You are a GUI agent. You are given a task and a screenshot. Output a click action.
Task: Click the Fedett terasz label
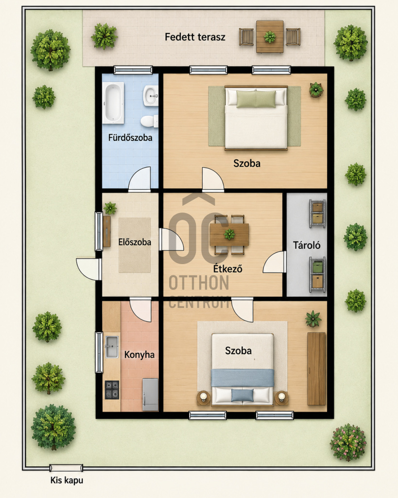pyautogui.click(x=195, y=37)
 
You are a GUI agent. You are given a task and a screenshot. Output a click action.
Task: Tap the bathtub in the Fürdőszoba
pyautogui.click(x=113, y=103)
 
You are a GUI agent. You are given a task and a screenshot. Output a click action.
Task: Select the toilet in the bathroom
pyautogui.click(x=149, y=121)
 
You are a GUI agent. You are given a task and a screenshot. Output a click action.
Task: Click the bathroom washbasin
pyautogui.click(x=151, y=95)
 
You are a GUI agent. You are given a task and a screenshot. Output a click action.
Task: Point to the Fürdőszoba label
pyautogui.click(x=130, y=138)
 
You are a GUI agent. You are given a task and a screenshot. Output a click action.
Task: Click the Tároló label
pyautogui.click(x=307, y=245)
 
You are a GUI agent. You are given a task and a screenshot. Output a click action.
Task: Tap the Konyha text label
pyautogui.click(x=139, y=355)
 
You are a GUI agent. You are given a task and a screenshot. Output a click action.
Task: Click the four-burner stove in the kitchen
pyautogui.click(x=112, y=390)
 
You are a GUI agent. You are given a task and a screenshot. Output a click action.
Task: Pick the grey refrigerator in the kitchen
pyautogui.click(x=150, y=394)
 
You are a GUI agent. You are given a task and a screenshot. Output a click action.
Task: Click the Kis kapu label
pyautogui.click(x=67, y=480)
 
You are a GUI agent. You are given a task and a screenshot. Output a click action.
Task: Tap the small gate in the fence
pyautogui.click(x=66, y=468)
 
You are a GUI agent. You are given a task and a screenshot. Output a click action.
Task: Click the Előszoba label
pyautogui.click(x=135, y=242)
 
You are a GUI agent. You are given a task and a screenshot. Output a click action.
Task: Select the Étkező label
pyautogui.click(x=227, y=268)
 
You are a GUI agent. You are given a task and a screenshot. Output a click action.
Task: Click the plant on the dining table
pyautogui.click(x=229, y=234)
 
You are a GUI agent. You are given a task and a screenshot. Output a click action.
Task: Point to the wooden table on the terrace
pyautogui.click(x=270, y=37)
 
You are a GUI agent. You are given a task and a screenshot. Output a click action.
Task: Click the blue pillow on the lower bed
pyautogui.click(x=242, y=395)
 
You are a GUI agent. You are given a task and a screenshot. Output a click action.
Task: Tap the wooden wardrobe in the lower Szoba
pyautogui.click(x=316, y=369)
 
